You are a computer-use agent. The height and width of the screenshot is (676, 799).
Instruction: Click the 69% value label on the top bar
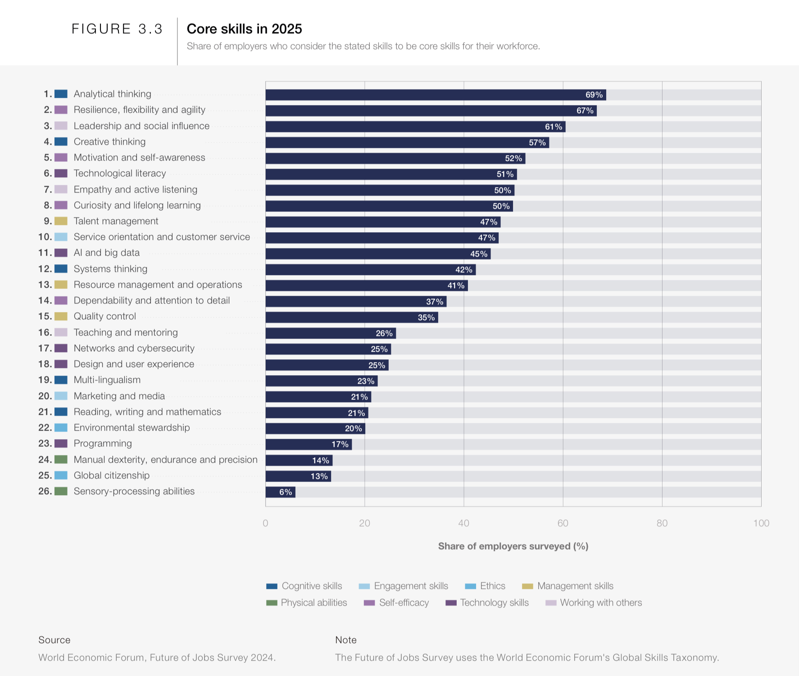pos(594,95)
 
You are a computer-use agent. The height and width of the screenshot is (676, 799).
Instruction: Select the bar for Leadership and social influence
pos(414,127)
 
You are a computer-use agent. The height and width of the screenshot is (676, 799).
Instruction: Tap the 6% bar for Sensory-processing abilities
pos(280,492)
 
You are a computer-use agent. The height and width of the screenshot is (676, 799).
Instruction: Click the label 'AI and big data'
pos(106,253)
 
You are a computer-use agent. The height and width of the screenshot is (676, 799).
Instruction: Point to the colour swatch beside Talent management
pos(61,221)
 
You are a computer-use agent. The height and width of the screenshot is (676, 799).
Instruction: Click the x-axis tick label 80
pos(662,523)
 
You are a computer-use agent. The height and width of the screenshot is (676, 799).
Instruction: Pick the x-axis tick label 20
pos(364,523)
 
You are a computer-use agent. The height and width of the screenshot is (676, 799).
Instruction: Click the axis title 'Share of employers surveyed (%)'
pos(513,546)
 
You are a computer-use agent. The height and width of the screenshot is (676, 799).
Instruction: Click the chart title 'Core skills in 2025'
pos(244,29)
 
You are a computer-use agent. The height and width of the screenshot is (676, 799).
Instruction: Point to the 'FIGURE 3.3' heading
pos(117,29)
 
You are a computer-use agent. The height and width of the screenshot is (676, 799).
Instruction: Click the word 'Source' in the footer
pos(54,640)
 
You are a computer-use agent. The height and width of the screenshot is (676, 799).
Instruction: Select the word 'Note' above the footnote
pos(345,640)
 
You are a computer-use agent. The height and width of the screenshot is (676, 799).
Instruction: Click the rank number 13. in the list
pos(45,285)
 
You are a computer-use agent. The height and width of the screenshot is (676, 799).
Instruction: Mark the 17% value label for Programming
pos(340,444)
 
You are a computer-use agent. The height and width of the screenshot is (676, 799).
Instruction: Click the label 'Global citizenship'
pos(111,475)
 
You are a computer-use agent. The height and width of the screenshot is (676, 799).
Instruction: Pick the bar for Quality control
pos(351,317)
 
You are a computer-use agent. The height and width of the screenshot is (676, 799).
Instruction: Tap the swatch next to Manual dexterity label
pos(61,460)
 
